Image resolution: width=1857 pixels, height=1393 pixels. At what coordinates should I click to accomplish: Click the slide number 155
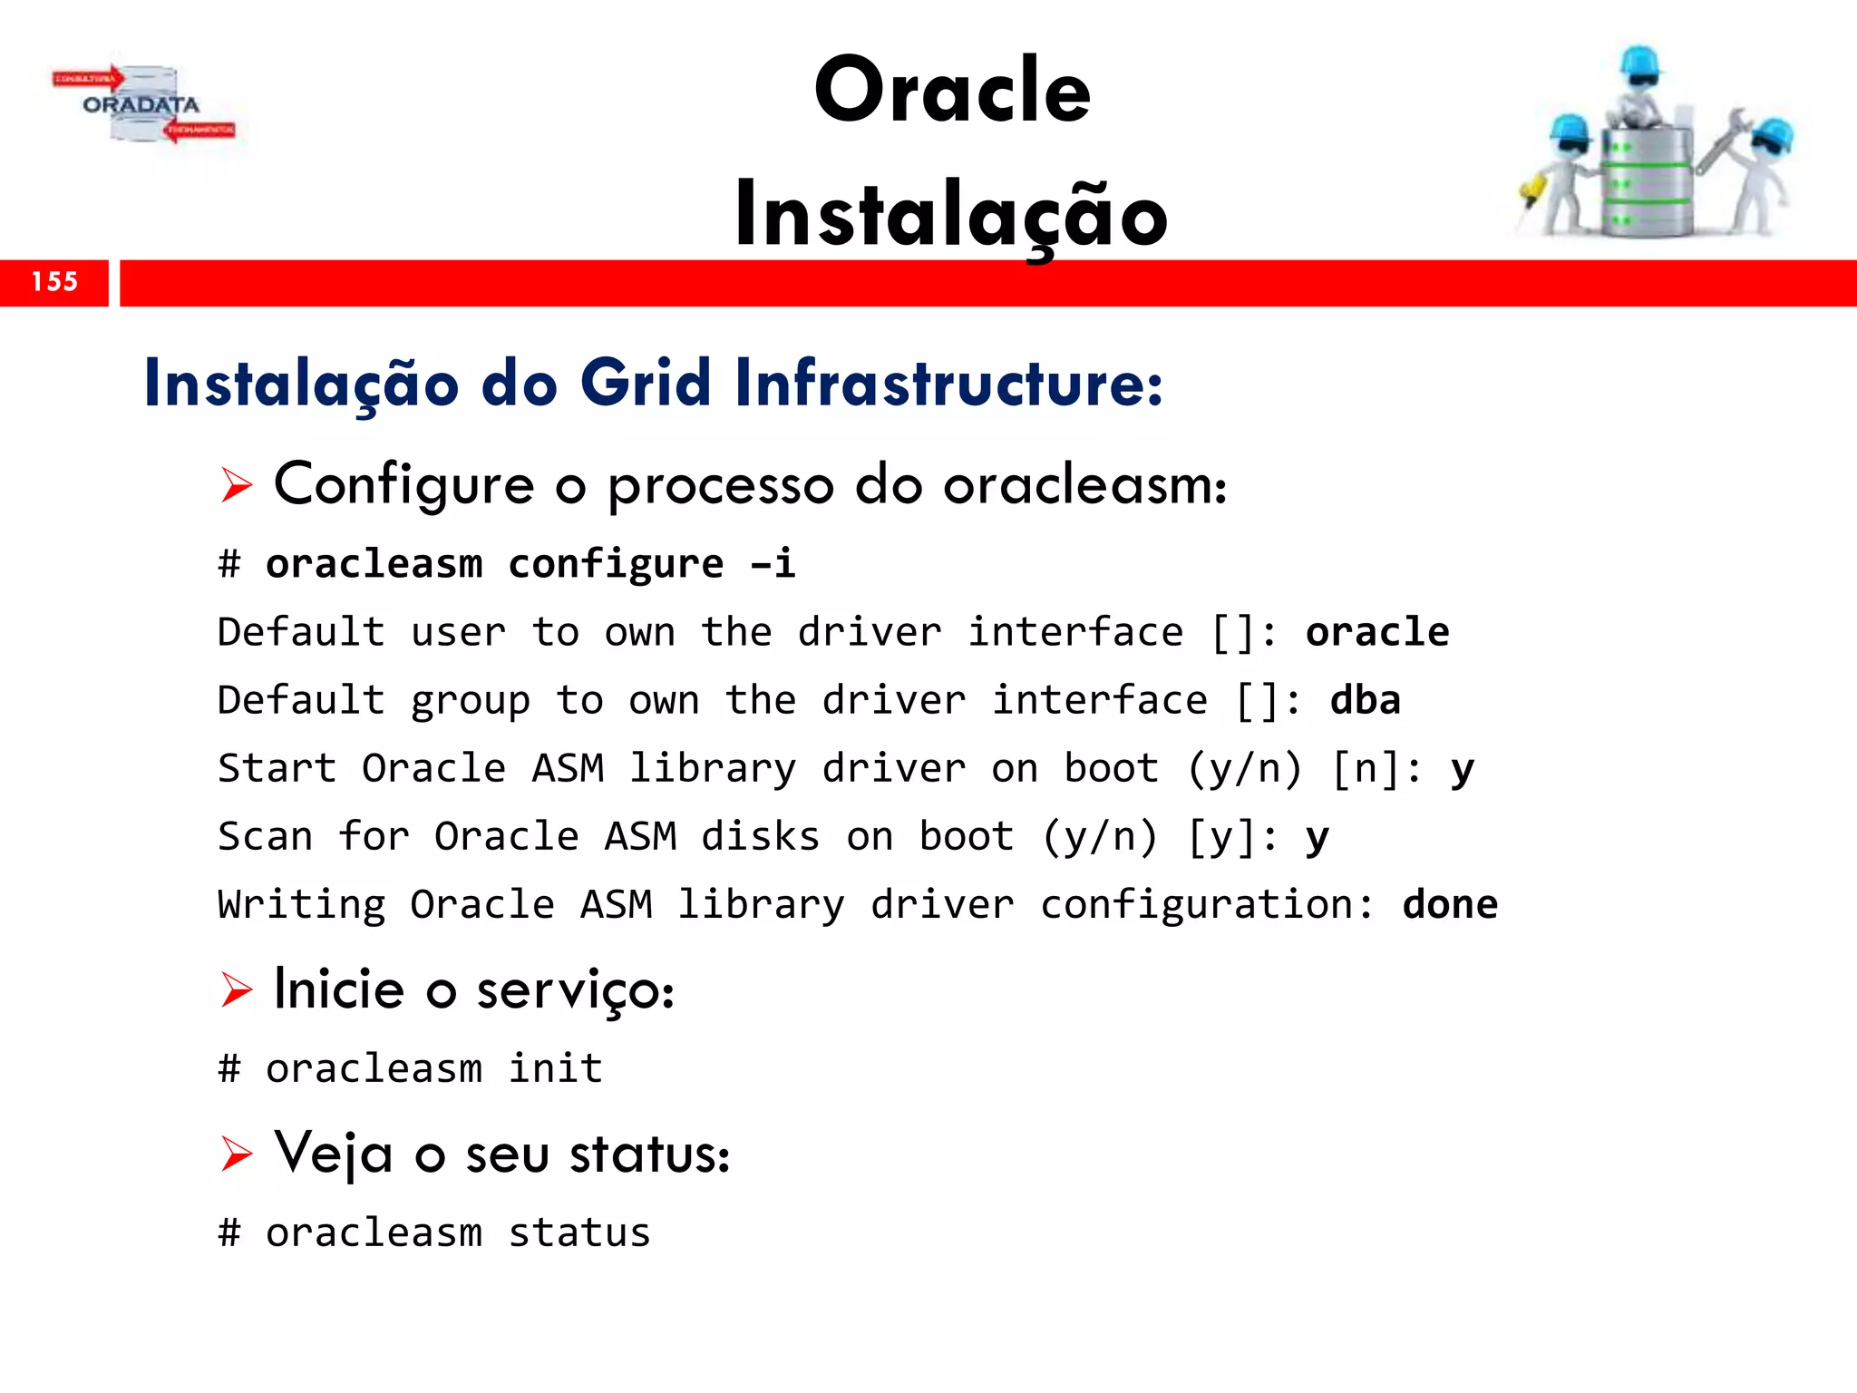pyautogui.click(x=54, y=282)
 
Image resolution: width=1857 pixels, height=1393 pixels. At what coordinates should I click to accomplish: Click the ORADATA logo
pyautogui.click(x=141, y=105)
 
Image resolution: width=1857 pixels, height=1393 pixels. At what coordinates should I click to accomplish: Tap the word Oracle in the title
pyautogui.click(x=952, y=91)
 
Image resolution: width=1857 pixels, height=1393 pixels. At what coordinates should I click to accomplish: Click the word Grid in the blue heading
pyautogui.click(x=646, y=383)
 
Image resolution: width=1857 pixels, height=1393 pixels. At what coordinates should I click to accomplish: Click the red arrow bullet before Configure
pyautogui.click(x=237, y=486)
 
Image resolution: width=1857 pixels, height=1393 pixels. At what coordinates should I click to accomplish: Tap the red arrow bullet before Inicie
pyautogui.click(x=237, y=989)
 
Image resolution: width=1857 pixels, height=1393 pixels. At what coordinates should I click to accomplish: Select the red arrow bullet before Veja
pyautogui.click(x=237, y=1154)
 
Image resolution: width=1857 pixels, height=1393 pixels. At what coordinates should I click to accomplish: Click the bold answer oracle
pyautogui.click(x=1376, y=632)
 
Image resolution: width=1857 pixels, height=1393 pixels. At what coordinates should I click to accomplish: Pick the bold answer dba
pyautogui.click(x=1365, y=700)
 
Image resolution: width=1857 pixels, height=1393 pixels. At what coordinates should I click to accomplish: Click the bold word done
pyautogui.click(x=1449, y=905)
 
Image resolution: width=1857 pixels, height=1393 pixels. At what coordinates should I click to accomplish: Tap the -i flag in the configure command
pyautogui.click(x=773, y=564)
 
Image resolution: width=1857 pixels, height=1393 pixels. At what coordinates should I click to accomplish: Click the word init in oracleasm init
pyautogui.click(x=555, y=1068)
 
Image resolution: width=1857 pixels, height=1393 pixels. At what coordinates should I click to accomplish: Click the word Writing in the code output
pyautogui.click(x=301, y=905)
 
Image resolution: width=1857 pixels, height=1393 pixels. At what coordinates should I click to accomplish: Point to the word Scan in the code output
pyautogui.click(x=265, y=836)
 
